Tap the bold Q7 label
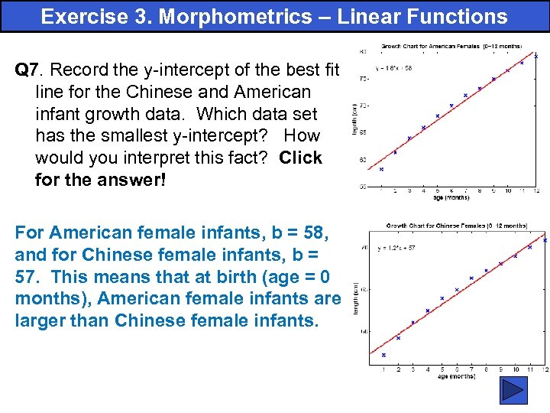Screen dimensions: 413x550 pos(27,70)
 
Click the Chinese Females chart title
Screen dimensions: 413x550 pos(457,226)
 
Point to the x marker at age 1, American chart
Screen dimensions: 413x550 pos(381,169)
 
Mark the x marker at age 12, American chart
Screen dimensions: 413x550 pos(535,56)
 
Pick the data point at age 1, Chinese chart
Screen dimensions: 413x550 pos(383,355)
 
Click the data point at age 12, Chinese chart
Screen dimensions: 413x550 pos(545,240)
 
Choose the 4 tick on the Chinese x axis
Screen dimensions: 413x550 pos(428,369)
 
